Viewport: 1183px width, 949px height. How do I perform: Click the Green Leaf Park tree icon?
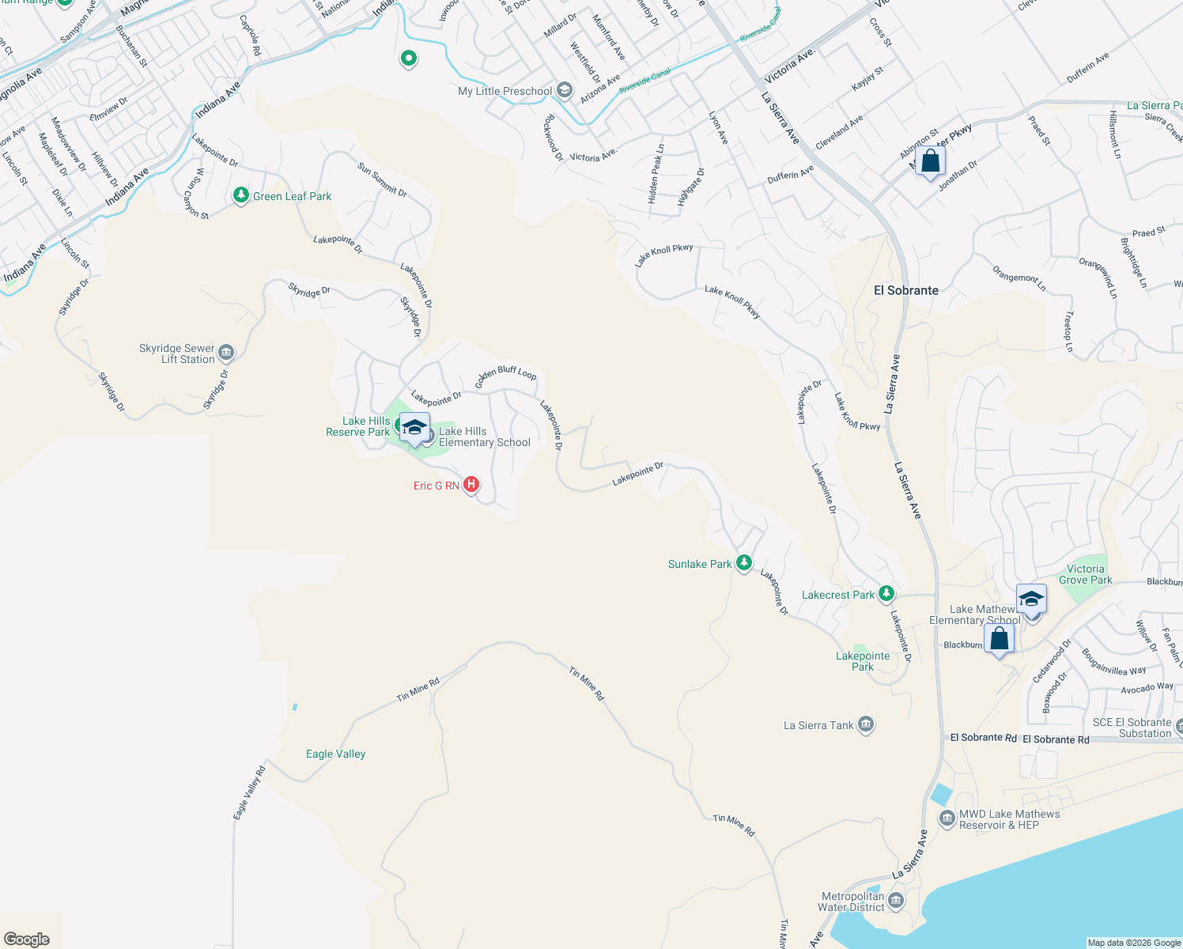[241, 195]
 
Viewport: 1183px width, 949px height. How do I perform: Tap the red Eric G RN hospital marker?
[471, 484]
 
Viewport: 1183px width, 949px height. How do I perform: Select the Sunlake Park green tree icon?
[743, 562]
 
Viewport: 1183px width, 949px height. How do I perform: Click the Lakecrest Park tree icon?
[886, 593]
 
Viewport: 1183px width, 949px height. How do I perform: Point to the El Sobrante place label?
[905, 290]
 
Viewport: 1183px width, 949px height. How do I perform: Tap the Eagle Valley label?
[336, 754]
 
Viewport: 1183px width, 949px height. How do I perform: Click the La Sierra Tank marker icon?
[866, 724]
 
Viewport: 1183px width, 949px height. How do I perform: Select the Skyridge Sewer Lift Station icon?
[226, 352]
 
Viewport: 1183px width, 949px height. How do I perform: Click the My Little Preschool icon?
[564, 90]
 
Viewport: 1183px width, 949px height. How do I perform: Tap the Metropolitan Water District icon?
[896, 900]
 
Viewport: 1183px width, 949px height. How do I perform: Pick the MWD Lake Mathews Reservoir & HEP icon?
[947, 819]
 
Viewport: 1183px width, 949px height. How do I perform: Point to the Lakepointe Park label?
[863, 661]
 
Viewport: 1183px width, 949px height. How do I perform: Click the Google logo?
[27, 940]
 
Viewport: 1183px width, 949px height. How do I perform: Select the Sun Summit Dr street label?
[382, 180]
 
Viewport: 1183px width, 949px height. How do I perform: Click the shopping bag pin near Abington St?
[931, 161]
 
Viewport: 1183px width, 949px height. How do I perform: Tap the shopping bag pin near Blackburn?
[999, 638]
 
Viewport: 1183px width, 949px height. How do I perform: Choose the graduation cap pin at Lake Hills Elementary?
[414, 428]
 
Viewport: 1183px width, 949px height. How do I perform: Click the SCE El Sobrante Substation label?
[1132, 728]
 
